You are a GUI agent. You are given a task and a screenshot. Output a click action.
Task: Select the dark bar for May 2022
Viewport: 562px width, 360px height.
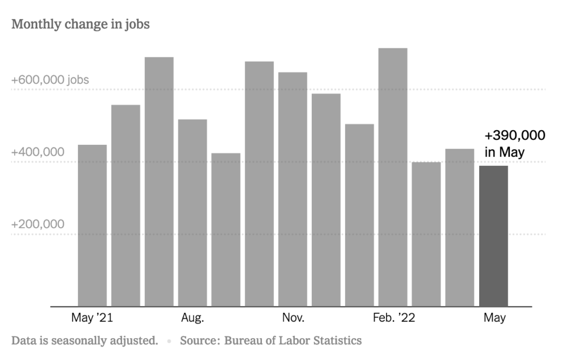click(493, 236)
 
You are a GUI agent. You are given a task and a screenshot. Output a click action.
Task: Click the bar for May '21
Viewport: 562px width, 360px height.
click(92, 225)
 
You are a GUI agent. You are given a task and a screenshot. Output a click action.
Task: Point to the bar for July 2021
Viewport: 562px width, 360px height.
click(159, 182)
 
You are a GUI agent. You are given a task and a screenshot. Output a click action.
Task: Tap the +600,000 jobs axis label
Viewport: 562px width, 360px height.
click(50, 80)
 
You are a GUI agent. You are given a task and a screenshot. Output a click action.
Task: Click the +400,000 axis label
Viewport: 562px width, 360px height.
click(38, 152)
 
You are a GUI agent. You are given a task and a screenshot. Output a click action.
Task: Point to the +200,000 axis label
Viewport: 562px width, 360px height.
click(38, 224)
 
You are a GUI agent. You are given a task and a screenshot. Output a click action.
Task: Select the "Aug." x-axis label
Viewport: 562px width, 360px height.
click(193, 318)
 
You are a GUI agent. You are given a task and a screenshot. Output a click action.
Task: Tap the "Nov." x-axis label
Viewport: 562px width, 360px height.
click(293, 318)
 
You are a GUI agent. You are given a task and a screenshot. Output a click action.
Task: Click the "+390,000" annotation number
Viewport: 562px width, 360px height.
click(515, 136)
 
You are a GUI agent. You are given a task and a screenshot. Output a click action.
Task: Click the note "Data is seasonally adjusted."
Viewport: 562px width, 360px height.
click(85, 341)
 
